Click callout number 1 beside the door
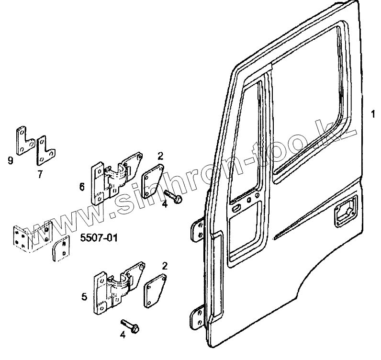click(x=372, y=113)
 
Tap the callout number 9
click(x=11, y=160)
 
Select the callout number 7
click(x=40, y=173)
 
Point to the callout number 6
click(x=82, y=187)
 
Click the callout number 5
click(x=84, y=297)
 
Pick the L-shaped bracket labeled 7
click(x=44, y=149)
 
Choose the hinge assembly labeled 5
click(x=117, y=290)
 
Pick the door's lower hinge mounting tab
click(x=196, y=319)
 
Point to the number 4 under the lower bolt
click(x=123, y=336)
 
